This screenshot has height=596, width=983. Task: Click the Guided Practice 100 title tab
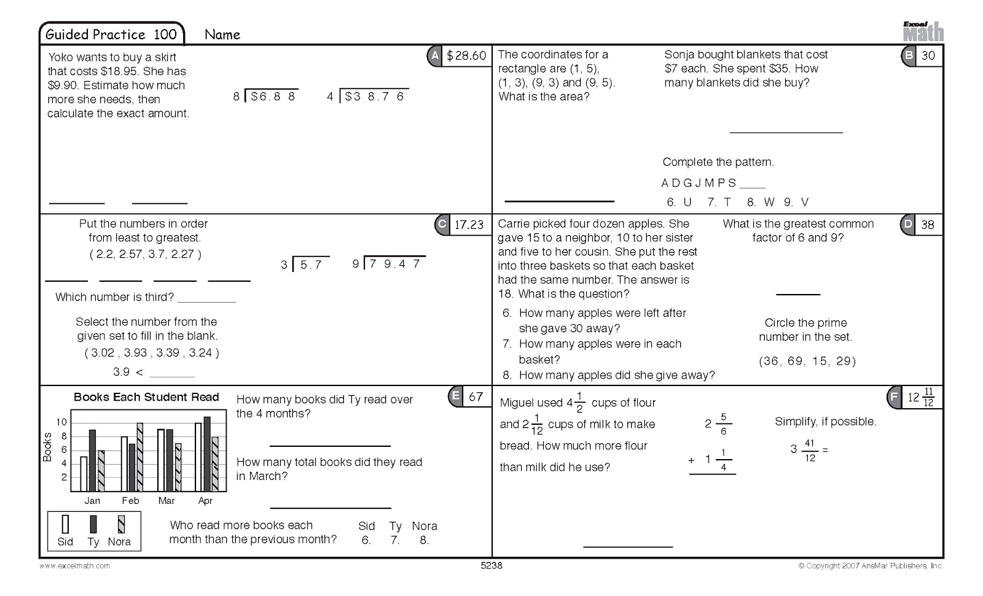[111, 34]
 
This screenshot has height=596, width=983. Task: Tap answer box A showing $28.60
[466, 56]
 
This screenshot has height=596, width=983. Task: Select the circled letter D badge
[907, 225]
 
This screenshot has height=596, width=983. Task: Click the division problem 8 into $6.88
[266, 96]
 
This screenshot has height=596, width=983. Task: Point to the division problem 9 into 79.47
[389, 264]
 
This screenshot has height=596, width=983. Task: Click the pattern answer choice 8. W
[761, 202]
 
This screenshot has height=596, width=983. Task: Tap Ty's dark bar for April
[207, 454]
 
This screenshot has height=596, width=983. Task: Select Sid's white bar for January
[84, 474]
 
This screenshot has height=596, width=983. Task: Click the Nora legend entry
[119, 532]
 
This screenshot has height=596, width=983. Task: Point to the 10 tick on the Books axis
[61, 422]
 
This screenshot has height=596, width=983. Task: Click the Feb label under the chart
[130, 501]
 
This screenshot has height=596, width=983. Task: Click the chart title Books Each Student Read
[146, 397]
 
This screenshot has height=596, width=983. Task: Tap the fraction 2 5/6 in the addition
[717, 424]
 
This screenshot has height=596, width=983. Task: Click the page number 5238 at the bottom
[491, 566]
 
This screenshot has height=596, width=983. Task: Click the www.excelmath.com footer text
[75, 566]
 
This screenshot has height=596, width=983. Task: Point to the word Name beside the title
[222, 35]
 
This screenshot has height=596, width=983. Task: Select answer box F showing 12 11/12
[921, 398]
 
